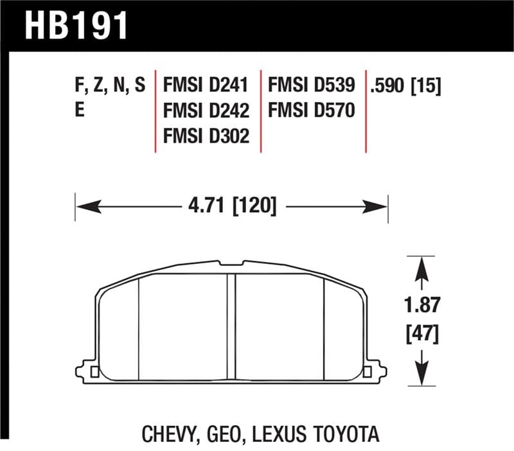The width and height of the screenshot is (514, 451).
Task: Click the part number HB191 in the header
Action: coord(76,25)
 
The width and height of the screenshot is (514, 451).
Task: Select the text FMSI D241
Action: coord(206,85)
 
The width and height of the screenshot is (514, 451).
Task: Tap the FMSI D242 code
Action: coord(206,111)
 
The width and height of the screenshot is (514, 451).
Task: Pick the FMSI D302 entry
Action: coord(206,136)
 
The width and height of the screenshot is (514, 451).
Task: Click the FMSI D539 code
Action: coord(311,85)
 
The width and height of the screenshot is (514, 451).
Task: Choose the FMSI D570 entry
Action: coord(311,111)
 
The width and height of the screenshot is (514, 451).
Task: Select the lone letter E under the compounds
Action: coord(80,111)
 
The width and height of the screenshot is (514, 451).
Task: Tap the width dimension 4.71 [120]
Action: coord(233,206)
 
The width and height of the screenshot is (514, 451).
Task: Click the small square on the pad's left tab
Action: coord(95,372)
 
